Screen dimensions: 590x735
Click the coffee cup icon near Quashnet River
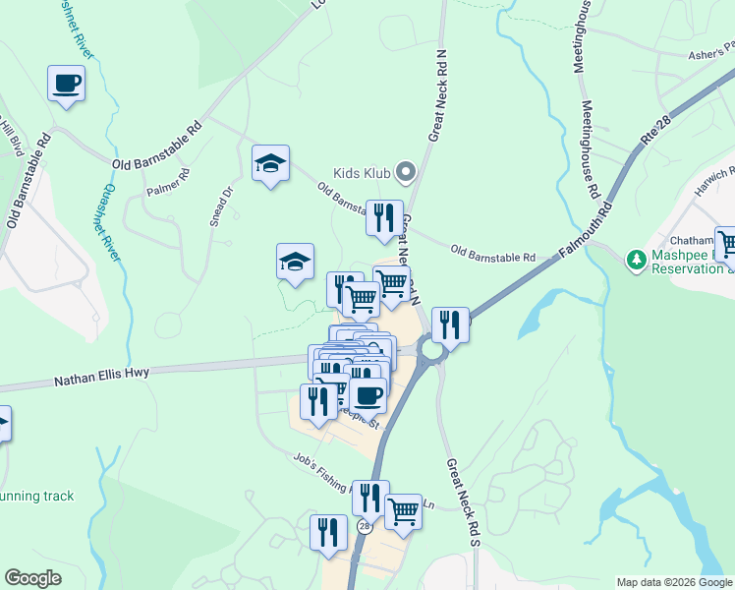tap(66, 84)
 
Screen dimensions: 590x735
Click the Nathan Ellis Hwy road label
tap(99, 377)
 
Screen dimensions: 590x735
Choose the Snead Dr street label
tap(219, 207)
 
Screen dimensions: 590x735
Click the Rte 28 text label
tap(653, 132)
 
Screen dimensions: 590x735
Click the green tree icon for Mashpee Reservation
tap(637, 259)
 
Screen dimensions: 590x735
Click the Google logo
tap(33, 577)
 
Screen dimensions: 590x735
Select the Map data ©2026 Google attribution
tap(673, 582)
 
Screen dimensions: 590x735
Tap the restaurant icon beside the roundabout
tap(449, 324)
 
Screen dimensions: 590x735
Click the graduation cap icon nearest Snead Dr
tap(269, 165)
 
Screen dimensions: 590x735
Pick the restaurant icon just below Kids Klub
tap(383, 218)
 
